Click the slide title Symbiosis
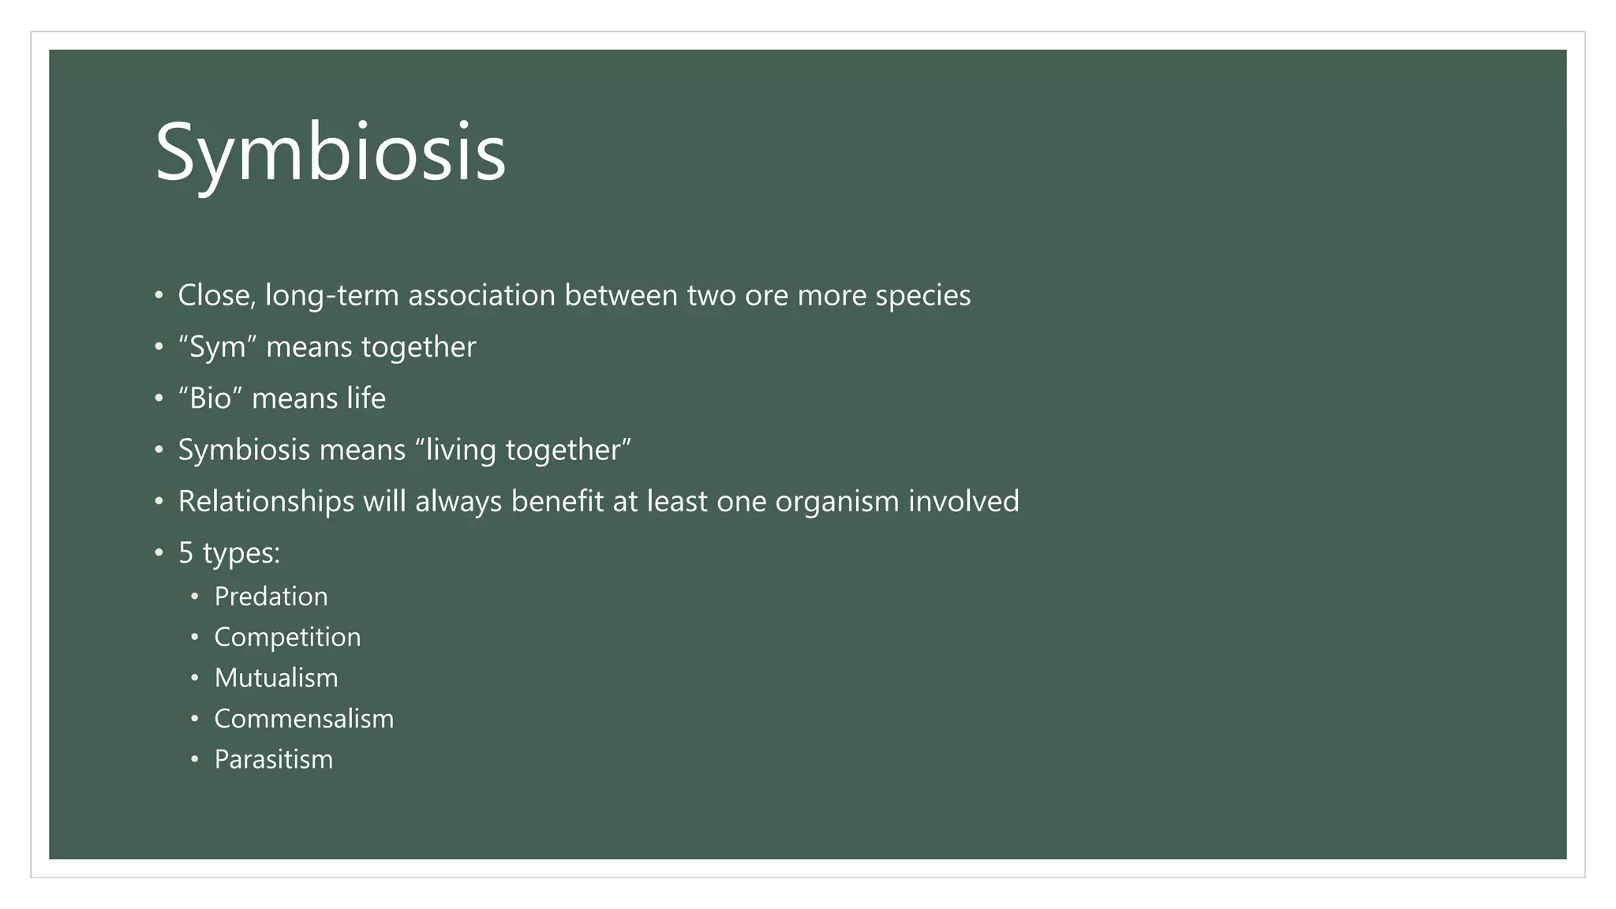tap(330, 153)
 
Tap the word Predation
tap(271, 597)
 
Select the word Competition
tap(287, 638)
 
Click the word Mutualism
tap(276, 679)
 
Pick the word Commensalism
tap(304, 719)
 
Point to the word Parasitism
tap(273, 760)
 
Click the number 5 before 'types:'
tap(185, 553)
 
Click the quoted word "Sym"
tap(217, 347)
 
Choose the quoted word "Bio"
tap(210, 398)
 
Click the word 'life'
tap(366, 398)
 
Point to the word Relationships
tap(266, 502)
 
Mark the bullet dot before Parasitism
tap(195, 761)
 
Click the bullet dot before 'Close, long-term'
tap(159, 297)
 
